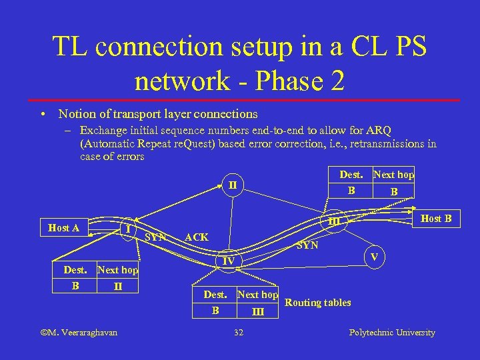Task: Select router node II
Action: tap(233, 184)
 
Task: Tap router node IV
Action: tap(228, 261)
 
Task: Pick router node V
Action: tap(374, 257)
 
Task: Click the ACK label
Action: tap(196, 237)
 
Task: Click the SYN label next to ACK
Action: tap(156, 237)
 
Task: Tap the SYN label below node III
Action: tap(307, 245)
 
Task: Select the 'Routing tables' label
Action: tap(317, 303)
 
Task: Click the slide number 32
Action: tap(239, 332)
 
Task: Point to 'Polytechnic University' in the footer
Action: tap(392, 332)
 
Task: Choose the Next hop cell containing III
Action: tap(258, 311)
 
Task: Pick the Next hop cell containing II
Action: tap(117, 286)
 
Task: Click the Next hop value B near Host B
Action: tap(393, 191)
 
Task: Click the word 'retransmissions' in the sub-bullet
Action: tap(387, 143)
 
